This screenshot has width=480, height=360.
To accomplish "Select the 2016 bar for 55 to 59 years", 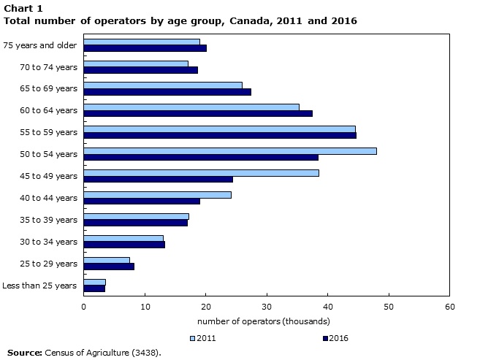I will (220, 135).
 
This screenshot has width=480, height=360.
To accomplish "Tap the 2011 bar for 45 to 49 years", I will (201, 172).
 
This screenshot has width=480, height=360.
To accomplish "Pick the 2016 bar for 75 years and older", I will (145, 48).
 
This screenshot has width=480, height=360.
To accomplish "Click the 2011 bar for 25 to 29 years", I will (107, 260).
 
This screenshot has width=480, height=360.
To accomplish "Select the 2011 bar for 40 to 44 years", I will (157, 194).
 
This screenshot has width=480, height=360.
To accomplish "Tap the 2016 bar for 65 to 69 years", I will (167, 92).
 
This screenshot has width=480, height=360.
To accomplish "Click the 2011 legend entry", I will (202, 338).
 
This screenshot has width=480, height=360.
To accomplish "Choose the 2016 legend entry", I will (334, 338).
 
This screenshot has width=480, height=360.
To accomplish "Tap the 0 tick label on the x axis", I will (84, 307).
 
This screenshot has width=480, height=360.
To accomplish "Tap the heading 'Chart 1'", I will (23, 8).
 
